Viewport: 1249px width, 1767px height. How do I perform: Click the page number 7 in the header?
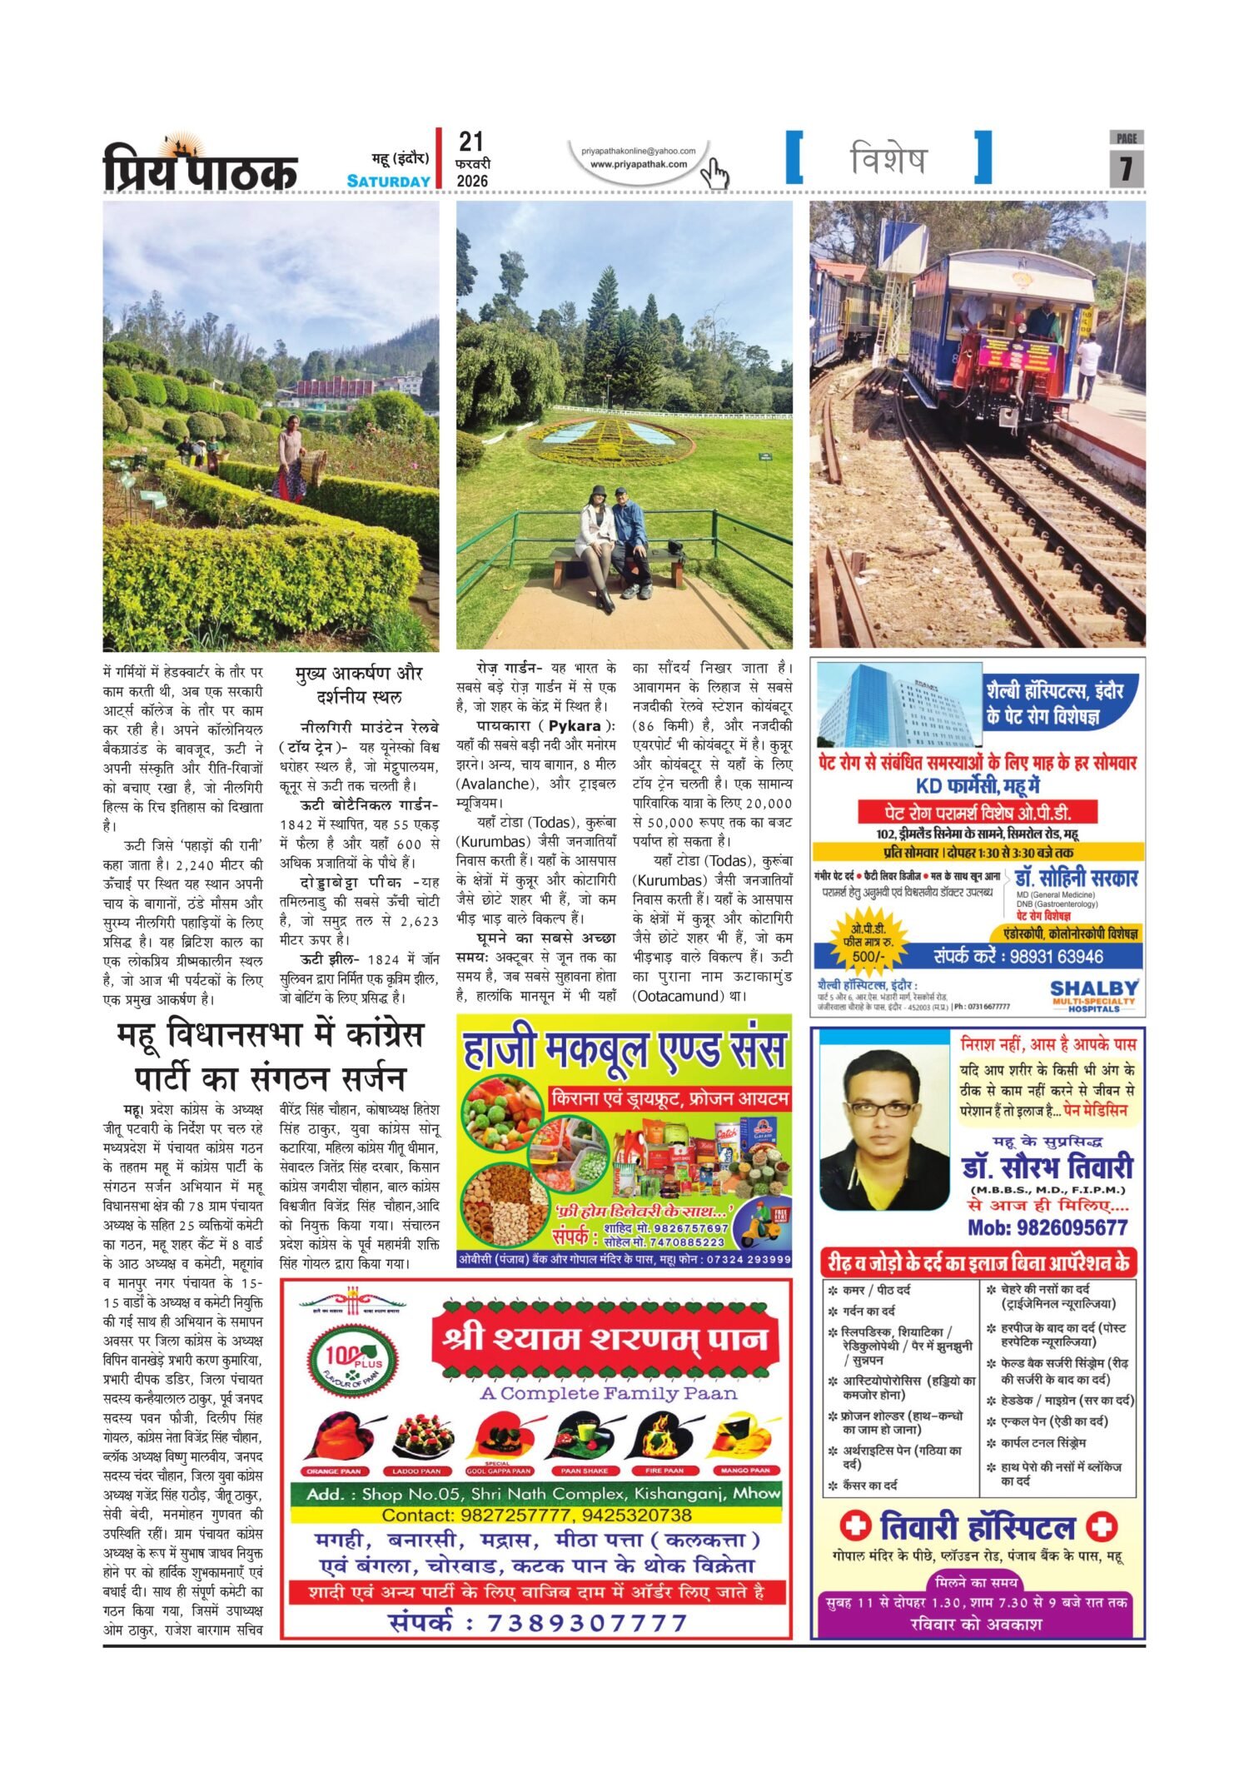click(1126, 168)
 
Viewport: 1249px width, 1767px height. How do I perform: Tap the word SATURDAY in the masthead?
click(388, 182)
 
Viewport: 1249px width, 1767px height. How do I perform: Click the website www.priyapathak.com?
click(639, 164)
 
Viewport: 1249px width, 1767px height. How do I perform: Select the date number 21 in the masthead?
click(470, 142)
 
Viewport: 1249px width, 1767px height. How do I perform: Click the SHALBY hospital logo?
click(1093, 994)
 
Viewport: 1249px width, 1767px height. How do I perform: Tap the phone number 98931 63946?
click(1056, 956)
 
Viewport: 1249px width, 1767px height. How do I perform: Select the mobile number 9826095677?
click(1047, 1227)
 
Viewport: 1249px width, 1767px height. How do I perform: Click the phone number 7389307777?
click(587, 1623)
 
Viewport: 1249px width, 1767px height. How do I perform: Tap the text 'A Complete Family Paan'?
click(608, 1393)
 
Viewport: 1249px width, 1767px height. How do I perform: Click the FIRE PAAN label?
click(664, 1471)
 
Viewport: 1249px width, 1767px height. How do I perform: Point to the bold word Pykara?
click(575, 725)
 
